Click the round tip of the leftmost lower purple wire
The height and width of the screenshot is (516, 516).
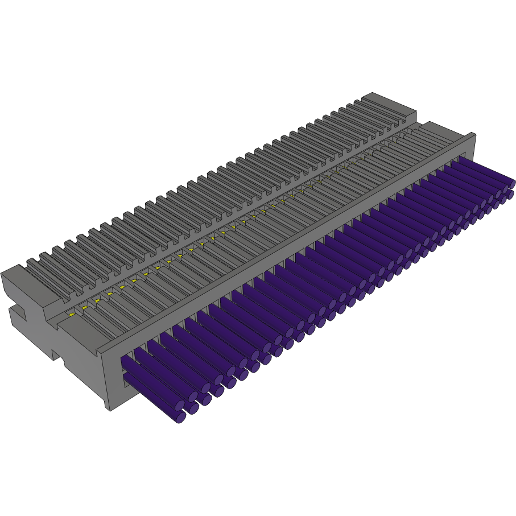pyautogui.click(x=180, y=417)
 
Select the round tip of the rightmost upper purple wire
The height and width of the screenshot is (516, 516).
pyautogui.click(x=512, y=184)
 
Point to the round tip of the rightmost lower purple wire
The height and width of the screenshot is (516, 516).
pyautogui.click(x=510, y=195)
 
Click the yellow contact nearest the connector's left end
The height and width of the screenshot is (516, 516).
pyautogui.click(x=72, y=314)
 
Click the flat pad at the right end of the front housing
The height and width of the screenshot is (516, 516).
pyautogui.click(x=441, y=131)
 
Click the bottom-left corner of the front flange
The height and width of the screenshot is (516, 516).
pyautogui.click(x=109, y=409)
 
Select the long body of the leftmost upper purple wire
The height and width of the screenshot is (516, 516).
pyautogui.click(x=151, y=378)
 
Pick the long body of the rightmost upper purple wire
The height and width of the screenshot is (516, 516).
pyautogui.click(x=484, y=171)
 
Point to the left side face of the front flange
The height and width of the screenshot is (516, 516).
pyautogui.click(x=104, y=375)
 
